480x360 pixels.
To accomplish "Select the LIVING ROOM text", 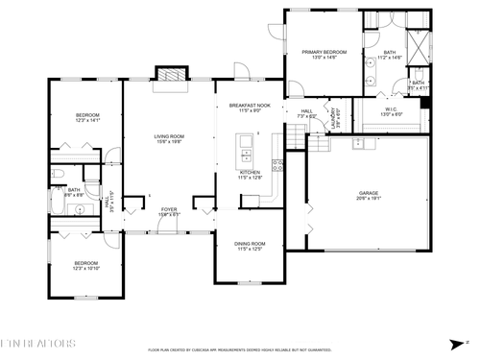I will (x=170, y=135).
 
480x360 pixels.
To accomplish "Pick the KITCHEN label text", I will (x=251, y=173).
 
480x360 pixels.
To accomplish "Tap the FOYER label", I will (x=169, y=208).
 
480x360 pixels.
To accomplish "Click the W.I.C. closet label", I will (x=393, y=108).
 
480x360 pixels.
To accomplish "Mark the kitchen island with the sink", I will (x=245, y=148).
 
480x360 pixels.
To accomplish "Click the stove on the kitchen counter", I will (x=276, y=164).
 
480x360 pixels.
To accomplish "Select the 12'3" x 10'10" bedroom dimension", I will (x=87, y=268).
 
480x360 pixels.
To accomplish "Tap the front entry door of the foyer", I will (x=169, y=230).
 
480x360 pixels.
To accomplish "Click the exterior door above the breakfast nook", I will (x=241, y=69).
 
